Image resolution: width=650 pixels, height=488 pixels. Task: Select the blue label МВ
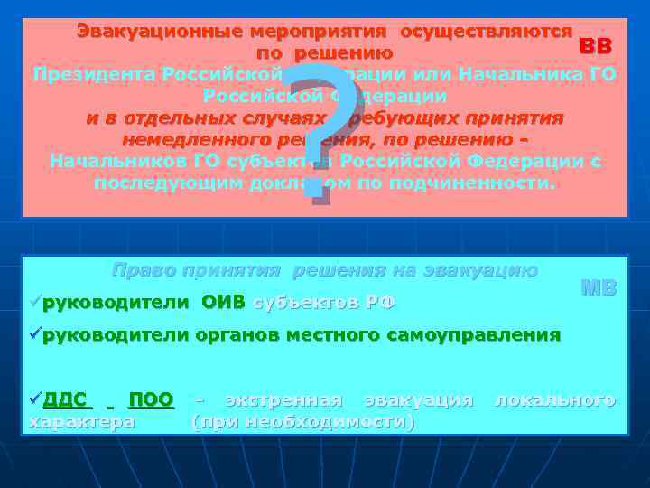point(599,288)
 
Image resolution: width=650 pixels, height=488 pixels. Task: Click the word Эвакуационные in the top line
point(158,30)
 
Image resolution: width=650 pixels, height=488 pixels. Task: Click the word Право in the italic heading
point(143,269)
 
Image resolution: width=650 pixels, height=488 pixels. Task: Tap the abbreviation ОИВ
point(223,302)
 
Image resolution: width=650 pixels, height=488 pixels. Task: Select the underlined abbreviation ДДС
point(65,399)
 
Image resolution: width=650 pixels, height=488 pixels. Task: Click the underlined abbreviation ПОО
point(151,399)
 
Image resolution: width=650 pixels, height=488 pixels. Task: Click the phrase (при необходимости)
point(303,422)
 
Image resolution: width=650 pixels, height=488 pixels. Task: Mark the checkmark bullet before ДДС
point(36,399)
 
